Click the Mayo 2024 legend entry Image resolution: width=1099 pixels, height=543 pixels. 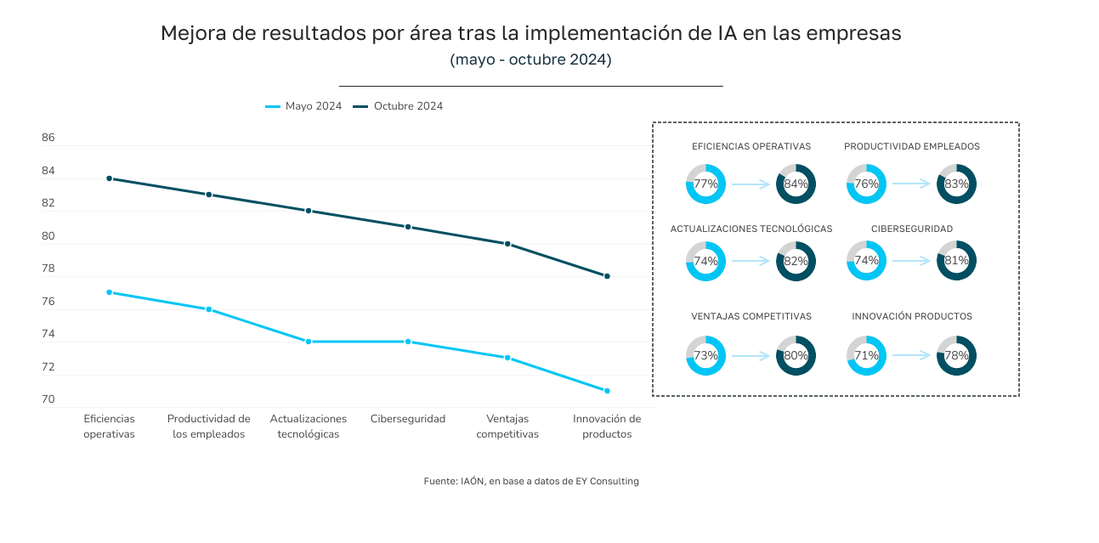tap(303, 106)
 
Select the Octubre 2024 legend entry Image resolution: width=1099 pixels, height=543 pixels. tap(398, 106)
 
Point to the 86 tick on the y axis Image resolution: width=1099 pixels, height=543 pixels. tap(48, 138)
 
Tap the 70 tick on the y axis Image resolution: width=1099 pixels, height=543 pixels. tap(48, 399)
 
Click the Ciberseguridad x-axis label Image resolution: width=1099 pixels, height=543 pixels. tap(408, 419)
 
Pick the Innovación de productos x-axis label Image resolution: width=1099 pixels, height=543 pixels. tap(607, 426)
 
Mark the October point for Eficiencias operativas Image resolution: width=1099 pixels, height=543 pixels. tap(110, 178)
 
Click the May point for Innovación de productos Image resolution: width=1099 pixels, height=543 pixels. tap(607, 391)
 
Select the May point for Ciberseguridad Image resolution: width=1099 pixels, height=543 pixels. tap(408, 342)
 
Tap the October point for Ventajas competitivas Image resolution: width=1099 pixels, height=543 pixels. tap(507, 244)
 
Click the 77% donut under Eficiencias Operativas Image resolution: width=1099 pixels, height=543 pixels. tap(705, 184)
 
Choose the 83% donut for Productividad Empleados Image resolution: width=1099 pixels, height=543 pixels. tap(956, 184)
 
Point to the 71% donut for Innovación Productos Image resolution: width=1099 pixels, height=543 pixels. tap(866, 356)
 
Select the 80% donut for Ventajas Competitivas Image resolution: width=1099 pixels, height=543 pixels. tap(796, 356)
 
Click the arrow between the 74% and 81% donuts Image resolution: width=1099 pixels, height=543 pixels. tap(911, 261)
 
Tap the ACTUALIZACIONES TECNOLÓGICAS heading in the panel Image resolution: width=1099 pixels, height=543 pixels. tap(751, 229)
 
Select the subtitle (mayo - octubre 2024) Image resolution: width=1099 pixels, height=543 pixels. tap(530, 59)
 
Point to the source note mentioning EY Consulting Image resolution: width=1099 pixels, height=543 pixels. tap(531, 481)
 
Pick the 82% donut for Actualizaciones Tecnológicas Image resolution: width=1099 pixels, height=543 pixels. tap(796, 261)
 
